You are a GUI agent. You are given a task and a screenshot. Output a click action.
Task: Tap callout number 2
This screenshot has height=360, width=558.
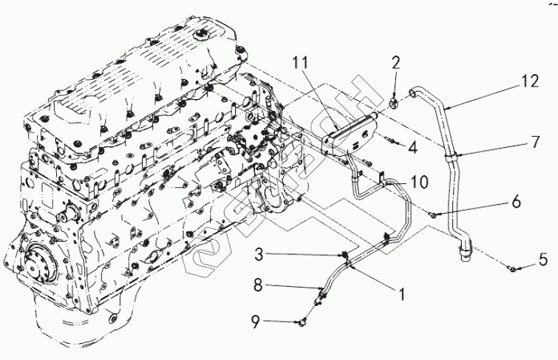click(395, 63)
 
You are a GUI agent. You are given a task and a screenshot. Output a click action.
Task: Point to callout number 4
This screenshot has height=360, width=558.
click(412, 148)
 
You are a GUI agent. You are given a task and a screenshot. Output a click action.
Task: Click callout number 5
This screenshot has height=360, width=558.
click(542, 259)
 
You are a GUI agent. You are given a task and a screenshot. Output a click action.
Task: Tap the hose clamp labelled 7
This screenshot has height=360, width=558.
click(449, 154)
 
